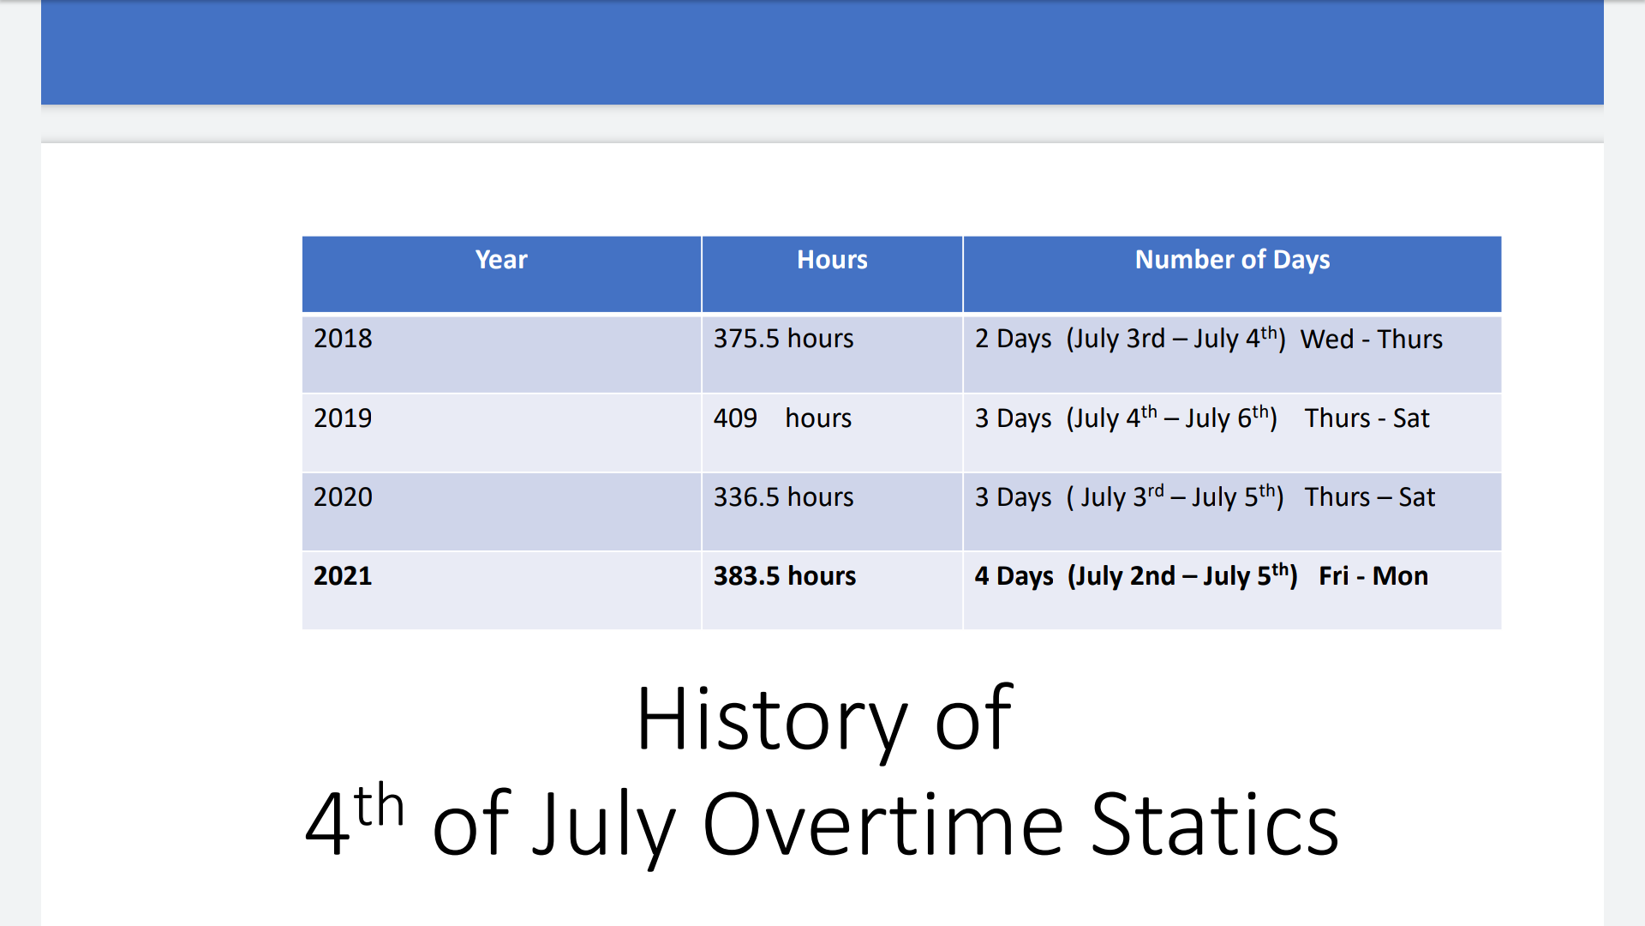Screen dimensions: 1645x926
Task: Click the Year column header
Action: (501, 260)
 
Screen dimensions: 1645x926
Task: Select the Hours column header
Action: (832, 260)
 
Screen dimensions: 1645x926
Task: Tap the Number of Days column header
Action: (1232, 260)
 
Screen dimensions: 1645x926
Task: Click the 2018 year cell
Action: (343, 339)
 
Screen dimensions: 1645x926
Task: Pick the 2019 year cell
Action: (343, 418)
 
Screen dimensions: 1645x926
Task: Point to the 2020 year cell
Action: (343, 497)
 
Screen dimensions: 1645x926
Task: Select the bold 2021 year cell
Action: (343, 576)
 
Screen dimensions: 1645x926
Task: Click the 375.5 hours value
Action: (783, 339)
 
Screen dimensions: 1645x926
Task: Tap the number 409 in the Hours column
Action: (735, 418)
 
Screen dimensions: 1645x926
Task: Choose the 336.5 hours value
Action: (783, 497)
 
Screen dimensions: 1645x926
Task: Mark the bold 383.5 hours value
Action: (785, 576)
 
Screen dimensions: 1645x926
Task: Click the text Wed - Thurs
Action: (1372, 340)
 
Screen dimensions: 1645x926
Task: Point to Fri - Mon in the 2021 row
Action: (1373, 576)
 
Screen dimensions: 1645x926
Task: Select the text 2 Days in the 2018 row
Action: (1013, 340)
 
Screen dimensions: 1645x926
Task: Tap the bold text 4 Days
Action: (1014, 577)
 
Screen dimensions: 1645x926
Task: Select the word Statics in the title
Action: (1215, 825)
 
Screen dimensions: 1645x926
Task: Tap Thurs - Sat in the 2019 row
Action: (1367, 418)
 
